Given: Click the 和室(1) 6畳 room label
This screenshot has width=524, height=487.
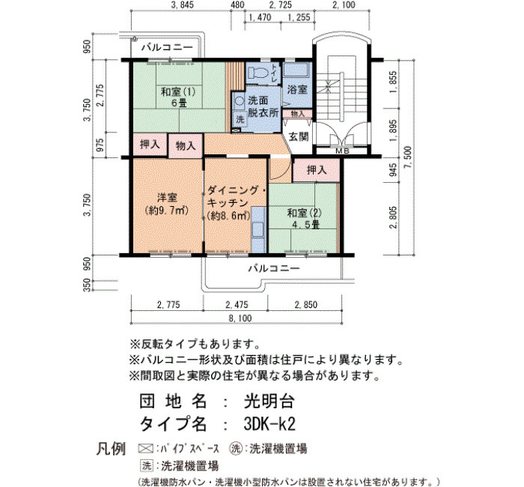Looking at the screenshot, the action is click(178, 97).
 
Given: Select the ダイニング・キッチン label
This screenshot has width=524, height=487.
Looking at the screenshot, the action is click(236, 196).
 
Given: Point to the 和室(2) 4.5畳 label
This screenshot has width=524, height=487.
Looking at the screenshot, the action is click(304, 219).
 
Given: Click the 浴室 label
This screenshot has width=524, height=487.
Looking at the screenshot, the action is click(297, 89).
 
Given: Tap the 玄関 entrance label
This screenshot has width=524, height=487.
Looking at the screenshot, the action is click(299, 136).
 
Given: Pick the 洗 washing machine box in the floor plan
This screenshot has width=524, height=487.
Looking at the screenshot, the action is click(240, 119).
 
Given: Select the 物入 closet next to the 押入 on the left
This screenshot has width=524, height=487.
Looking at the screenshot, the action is click(186, 145).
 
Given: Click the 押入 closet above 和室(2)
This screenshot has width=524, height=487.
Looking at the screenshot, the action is click(317, 170).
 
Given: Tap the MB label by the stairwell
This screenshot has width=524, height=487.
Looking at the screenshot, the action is click(342, 151).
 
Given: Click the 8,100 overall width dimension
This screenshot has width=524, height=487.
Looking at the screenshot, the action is click(240, 318).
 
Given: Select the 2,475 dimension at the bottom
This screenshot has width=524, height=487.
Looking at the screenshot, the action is click(237, 305).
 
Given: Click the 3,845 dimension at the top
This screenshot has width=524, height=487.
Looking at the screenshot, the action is click(182, 4).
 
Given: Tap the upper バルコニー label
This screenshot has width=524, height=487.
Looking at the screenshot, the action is click(167, 47).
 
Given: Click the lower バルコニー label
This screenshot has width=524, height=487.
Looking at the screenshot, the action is click(274, 268).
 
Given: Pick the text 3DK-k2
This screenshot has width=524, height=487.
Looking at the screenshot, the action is click(269, 425).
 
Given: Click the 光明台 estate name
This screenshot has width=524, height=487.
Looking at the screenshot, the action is click(269, 402).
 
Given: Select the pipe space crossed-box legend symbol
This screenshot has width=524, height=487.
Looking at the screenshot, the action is click(146, 448).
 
